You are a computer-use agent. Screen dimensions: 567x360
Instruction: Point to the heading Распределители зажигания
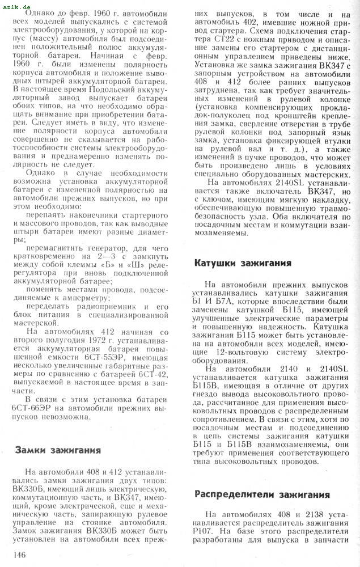[262, 494]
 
